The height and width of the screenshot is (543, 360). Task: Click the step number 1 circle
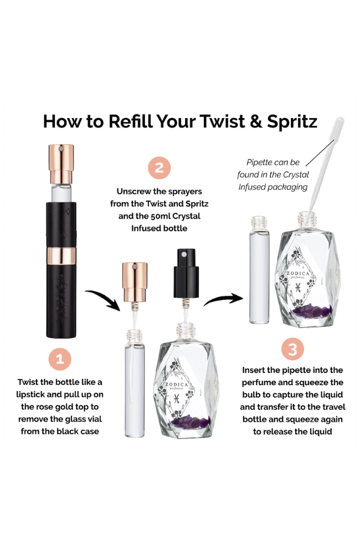60,359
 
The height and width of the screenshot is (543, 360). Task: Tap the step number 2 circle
160,167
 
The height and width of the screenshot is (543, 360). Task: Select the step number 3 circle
292,349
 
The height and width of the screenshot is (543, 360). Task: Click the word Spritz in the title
292,122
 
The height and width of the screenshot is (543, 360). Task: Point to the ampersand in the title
256,121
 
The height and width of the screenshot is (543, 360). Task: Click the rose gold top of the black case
61,164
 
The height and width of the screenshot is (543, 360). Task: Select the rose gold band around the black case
61,256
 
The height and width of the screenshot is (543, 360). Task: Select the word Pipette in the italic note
260,162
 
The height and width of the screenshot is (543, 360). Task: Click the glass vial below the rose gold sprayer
135,383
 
